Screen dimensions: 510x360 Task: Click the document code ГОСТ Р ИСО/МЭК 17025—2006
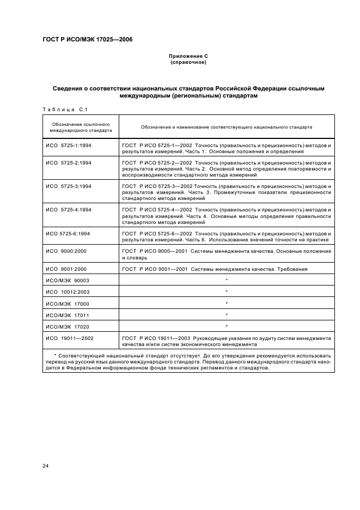coord(87,40)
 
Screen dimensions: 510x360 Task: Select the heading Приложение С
coord(188,56)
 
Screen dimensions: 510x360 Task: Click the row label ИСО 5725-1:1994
coord(68,147)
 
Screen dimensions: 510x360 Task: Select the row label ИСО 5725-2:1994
coord(68,162)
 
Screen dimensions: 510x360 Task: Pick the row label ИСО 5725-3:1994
coord(68,186)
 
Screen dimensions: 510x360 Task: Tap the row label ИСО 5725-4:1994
coord(68,209)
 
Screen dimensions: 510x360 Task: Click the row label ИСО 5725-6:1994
coord(68,233)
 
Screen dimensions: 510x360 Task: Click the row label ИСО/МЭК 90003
coord(67,280)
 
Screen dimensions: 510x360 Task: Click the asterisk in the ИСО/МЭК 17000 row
coord(227,303)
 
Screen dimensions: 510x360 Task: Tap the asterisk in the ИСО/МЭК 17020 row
coord(227,326)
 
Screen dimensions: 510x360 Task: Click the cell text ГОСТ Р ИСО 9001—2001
coord(157,269)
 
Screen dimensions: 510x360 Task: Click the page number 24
coord(45,466)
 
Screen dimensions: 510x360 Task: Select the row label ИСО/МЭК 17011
coord(67,314)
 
